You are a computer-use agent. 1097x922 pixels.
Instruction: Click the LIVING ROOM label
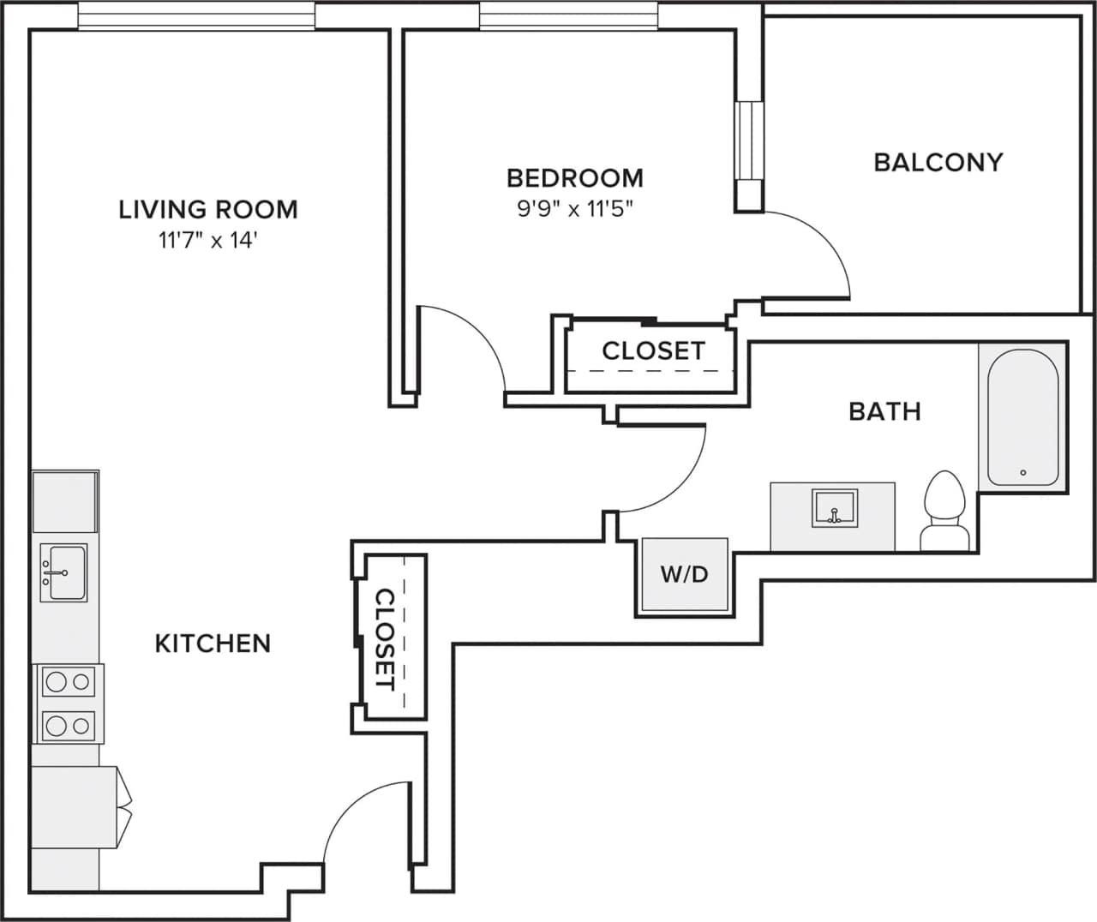[x=207, y=209]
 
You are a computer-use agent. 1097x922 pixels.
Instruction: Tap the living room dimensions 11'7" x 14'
[x=207, y=241]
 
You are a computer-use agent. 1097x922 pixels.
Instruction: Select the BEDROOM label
[x=574, y=178]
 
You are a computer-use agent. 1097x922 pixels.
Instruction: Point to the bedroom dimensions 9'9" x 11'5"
[x=574, y=209]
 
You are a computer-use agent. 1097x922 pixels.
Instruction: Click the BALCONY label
[x=938, y=162]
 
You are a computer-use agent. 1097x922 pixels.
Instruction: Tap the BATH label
[x=884, y=411]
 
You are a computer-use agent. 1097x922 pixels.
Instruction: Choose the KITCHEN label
[x=213, y=644]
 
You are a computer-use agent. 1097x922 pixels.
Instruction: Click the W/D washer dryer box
[x=684, y=574]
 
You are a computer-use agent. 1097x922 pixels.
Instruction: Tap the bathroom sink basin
[x=834, y=508]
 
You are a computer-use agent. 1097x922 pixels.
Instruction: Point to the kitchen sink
[x=65, y=572]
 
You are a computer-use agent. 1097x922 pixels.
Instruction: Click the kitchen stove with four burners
[x=68, y=703]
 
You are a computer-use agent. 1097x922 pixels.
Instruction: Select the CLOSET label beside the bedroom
[x=653, y=350]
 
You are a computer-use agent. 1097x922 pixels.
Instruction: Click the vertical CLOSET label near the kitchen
[x=386, y=639]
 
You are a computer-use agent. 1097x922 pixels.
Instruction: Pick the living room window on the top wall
[x=196, y=16]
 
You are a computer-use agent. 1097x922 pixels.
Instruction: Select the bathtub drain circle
[x=1022, y=472]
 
